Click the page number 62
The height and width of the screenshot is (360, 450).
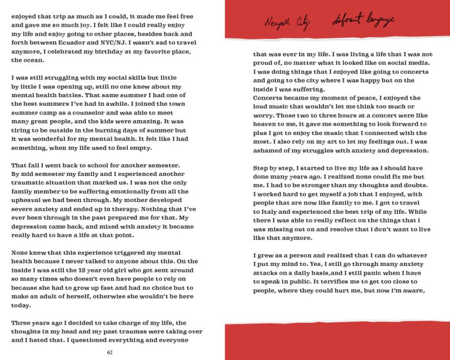(x=110, y=352)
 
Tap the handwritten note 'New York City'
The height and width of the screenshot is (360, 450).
(x=283, y=22)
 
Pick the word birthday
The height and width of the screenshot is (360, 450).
(x=117, y=51)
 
